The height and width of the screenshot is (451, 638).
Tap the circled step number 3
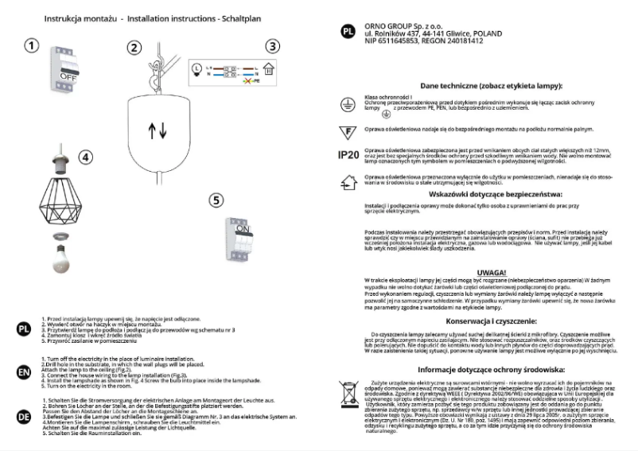click(x=273, y=47)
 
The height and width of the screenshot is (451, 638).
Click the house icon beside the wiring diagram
click(x=268, y=71)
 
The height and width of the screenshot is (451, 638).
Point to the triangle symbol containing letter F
click(x=347, y=130)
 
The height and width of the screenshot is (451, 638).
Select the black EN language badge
click(x=24, y=371)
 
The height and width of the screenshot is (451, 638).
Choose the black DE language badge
click(x=24, y=414)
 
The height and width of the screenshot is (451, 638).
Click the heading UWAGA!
click(x=491, y=272)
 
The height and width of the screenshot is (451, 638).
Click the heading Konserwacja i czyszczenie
click(x=491, y=321)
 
